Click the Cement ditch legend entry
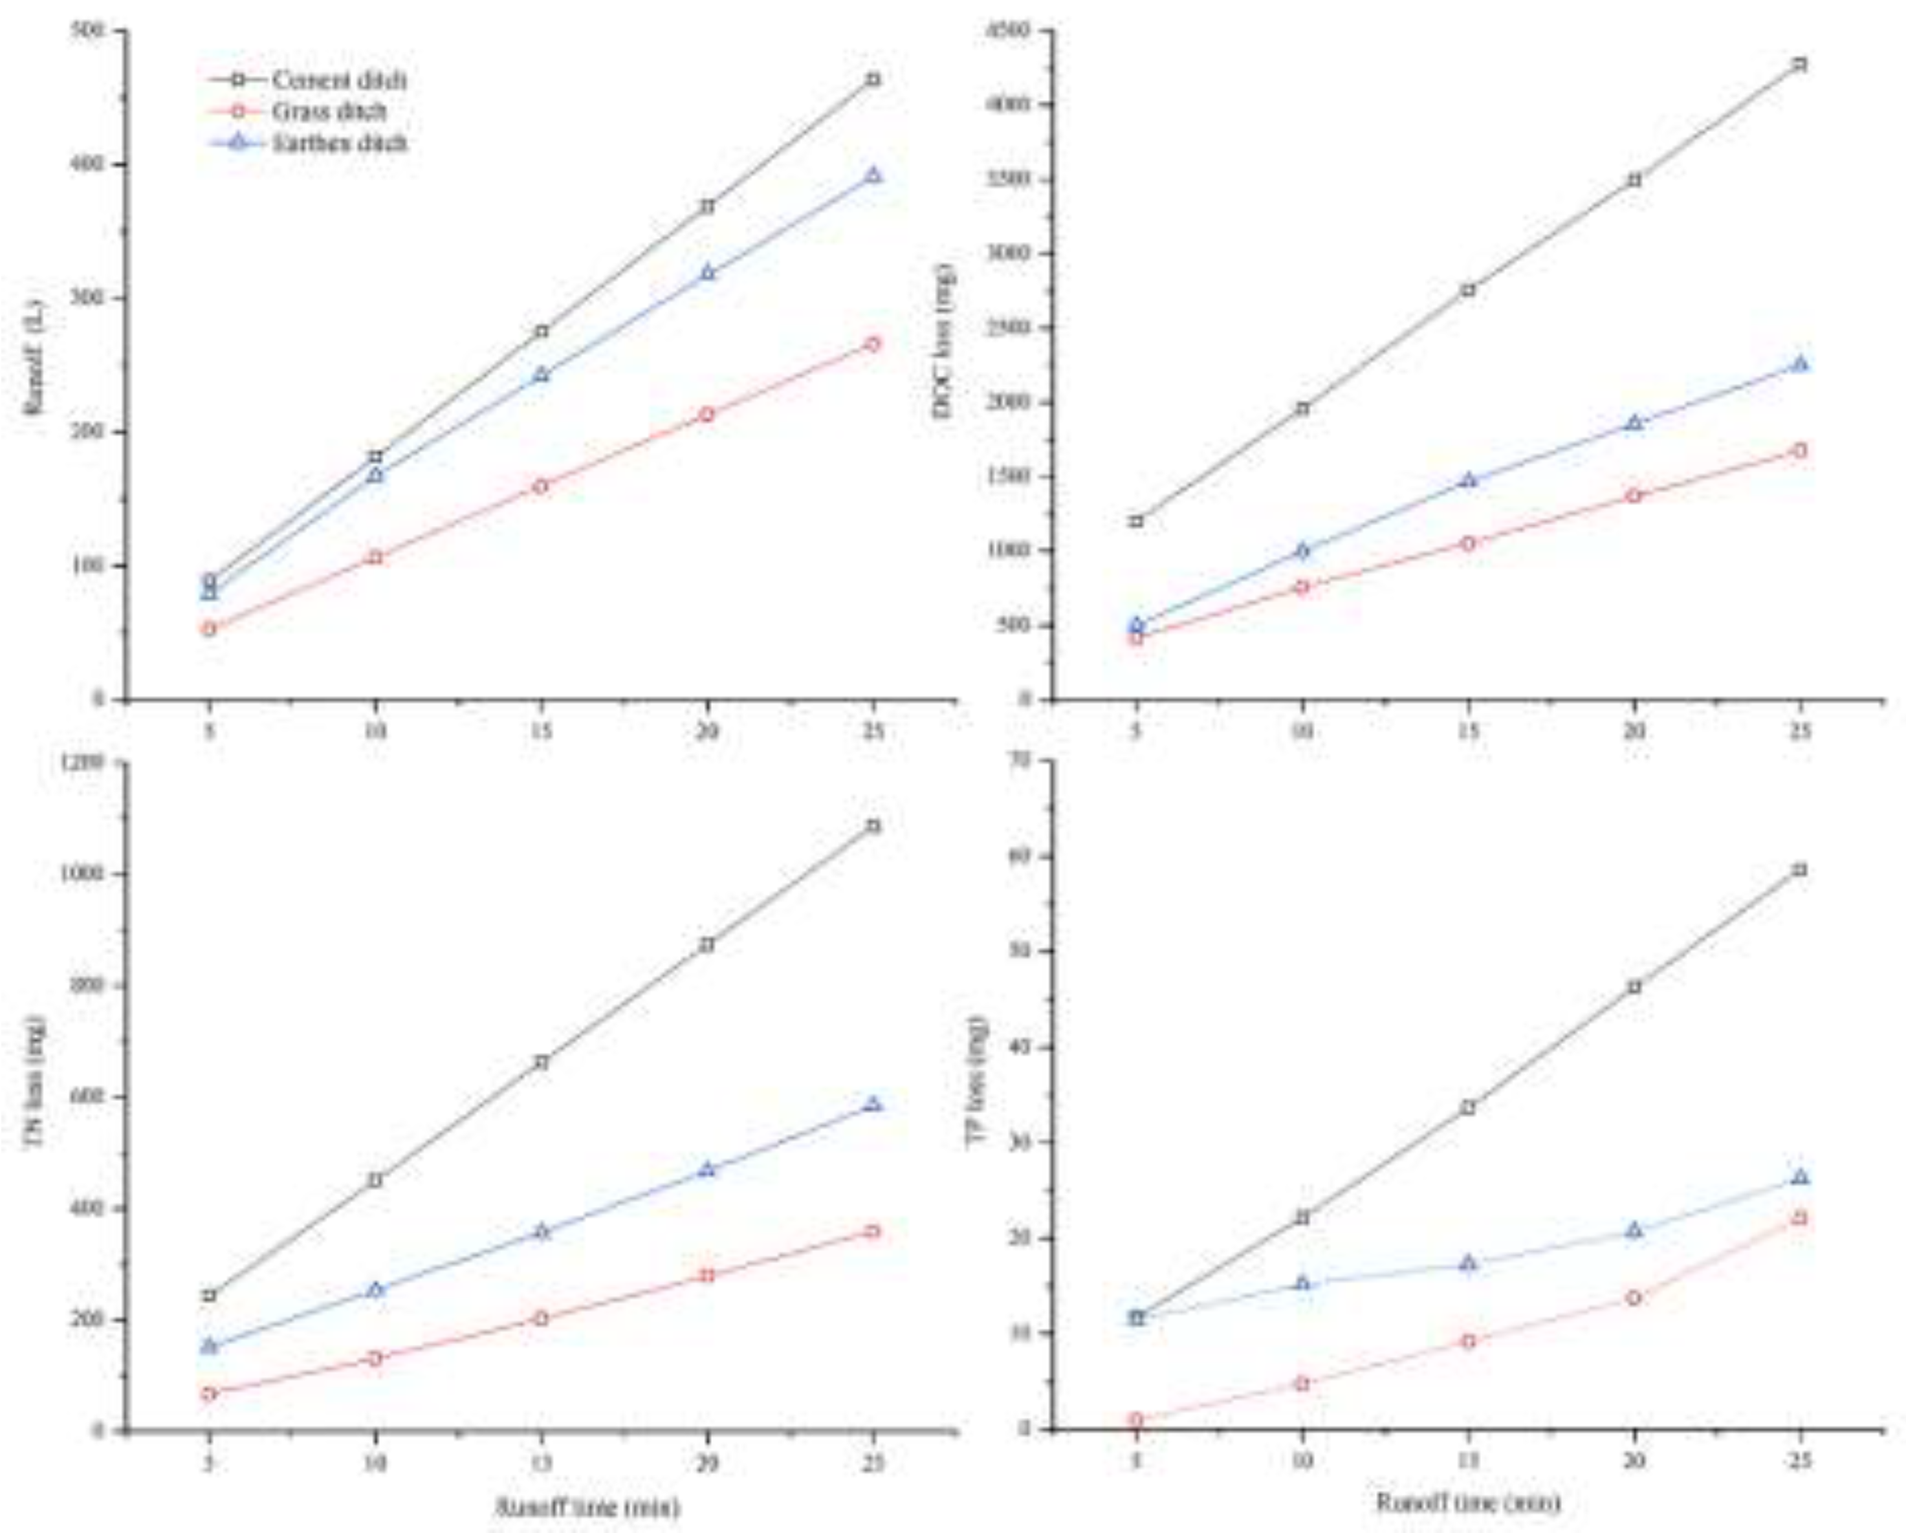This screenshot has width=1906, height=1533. point(338,80)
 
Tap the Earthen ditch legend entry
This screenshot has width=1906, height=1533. point(338,142)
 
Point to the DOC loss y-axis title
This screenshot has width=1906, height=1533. point(943,340)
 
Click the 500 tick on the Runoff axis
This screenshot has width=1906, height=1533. point(92,31)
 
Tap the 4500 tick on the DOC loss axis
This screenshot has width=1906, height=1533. point(1011,31)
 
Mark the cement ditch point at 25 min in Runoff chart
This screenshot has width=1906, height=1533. point(873,80)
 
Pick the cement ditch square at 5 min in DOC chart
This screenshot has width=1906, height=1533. point(1137,521)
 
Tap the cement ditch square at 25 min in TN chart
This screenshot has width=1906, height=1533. point(873,826)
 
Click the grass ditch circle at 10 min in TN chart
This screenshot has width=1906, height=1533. point(375,1358)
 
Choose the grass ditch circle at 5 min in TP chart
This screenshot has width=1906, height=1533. point(1137,1420)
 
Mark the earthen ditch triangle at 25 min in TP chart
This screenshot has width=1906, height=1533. point(1800,1177)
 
